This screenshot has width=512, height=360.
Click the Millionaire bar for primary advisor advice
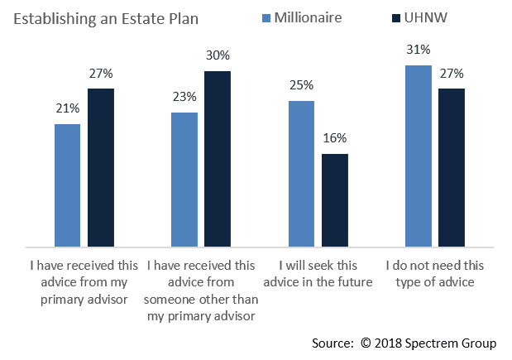(x=68, y=185)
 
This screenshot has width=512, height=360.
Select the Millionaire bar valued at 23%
(x=184, y=180)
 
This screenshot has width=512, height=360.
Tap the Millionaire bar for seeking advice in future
(x=301, y=174)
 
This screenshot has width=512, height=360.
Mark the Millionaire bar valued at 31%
(x=419, y=156)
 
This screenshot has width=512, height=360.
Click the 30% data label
(x=218, y=55)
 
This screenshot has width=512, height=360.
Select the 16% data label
(x=335, y=138)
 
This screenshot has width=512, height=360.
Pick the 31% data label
(x=419, y=50)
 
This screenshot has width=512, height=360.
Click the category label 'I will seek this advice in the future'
(x=318, y=274)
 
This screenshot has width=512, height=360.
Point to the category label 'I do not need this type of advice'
(x=435, y=274)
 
